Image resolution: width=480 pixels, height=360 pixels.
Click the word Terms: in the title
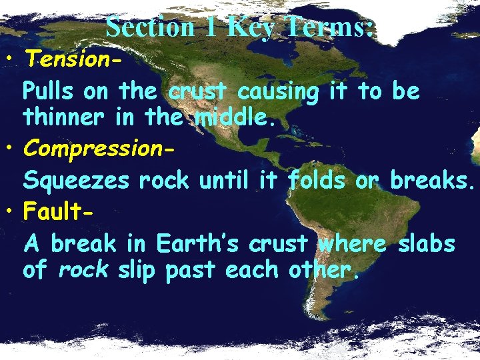click(328, 27)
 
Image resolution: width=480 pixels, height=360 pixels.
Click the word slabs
click(427, 245)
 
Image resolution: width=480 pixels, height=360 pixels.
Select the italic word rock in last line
click(83, 271)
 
